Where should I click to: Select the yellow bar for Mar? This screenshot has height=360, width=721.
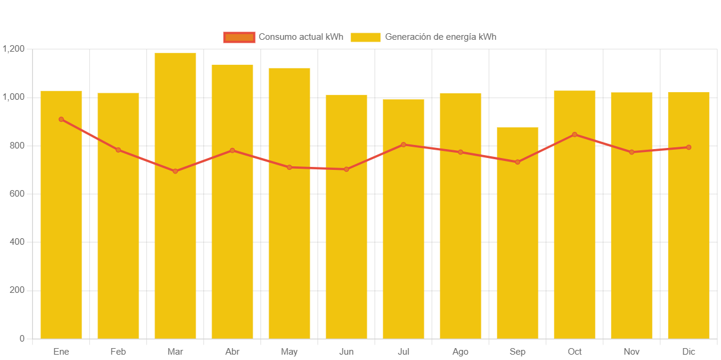(175, 196)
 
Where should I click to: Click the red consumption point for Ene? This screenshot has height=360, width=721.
(61, 119)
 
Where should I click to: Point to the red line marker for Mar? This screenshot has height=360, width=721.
(175, 171)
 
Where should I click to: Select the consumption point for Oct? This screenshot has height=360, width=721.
(575, 134)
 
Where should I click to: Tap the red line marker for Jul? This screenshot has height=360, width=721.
(404, 144)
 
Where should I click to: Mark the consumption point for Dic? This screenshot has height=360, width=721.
(689, 147)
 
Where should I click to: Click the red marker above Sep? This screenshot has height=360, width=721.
(518, 162)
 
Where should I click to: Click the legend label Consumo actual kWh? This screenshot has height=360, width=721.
(301, 37)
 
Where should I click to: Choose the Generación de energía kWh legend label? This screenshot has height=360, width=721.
(440, 37)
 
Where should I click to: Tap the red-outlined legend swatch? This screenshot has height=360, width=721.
(239, 37)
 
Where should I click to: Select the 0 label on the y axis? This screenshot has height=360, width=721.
(22, 339)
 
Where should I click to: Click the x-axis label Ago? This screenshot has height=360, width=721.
(461, 352)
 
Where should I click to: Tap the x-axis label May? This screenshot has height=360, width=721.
(289, 352)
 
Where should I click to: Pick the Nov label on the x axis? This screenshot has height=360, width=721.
(632, 352)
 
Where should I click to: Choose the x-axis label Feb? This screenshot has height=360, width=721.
(118, 352)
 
